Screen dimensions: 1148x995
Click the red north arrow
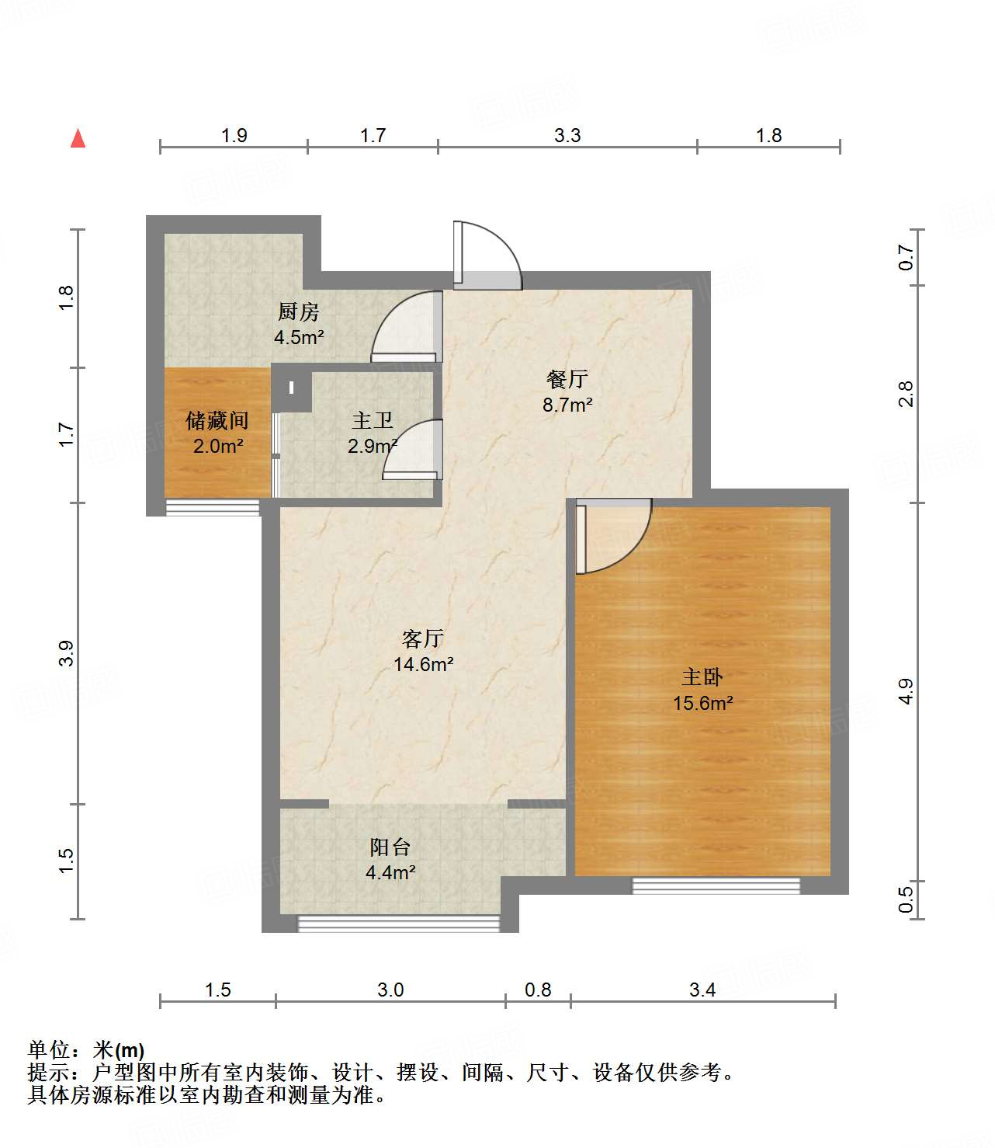click(x=78, y=138)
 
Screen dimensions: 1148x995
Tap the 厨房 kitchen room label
click(x=299, y=312)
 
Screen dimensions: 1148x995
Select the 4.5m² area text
click(x=299, y=338)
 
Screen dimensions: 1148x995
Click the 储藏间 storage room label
click(x=217, y=421)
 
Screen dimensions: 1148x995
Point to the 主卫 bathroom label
click(x=373, y=421)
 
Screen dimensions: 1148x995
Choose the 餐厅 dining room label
click(x=567, y=379)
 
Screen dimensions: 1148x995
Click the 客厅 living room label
click(x=423, y=638)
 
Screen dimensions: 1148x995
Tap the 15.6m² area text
click(x=703, y=703)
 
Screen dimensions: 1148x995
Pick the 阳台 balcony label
click(x=390, y=847)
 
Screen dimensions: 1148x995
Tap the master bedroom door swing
click(x=612, y=536)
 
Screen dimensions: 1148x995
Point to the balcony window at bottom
click(x=399, y=924)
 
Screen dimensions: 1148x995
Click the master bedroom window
click(x=716, y=885)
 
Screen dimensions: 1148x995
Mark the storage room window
click(x=213, y=508)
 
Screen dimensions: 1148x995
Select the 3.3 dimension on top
click(x=567, y=136)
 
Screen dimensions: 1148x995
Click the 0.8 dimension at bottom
click(x=538, y=990)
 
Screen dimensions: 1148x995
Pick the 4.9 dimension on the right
click(x=906, y=691)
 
